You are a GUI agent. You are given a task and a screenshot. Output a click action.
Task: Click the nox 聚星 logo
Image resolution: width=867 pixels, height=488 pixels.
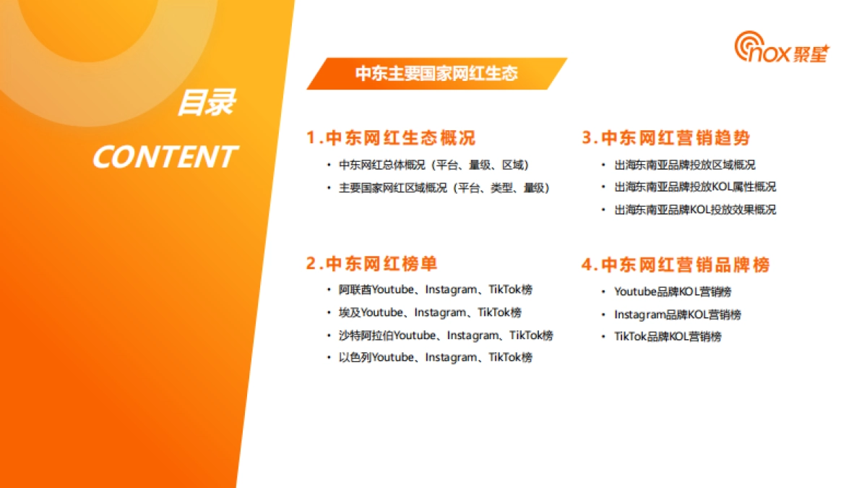coord(782,48)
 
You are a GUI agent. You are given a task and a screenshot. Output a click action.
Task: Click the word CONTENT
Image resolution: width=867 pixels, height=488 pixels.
coord(165,157)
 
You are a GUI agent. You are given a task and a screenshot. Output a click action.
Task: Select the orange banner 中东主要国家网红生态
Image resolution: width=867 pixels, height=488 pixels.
coord(436,74)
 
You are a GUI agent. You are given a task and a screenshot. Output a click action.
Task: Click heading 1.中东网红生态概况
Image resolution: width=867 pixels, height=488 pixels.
coord(391,138)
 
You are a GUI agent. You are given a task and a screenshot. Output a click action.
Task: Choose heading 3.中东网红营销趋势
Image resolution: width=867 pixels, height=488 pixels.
coord(665,138)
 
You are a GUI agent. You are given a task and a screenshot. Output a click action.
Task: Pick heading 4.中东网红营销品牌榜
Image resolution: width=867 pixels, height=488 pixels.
coord(676,265)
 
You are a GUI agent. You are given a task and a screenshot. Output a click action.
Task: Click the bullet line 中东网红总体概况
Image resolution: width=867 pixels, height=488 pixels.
coord(439,165)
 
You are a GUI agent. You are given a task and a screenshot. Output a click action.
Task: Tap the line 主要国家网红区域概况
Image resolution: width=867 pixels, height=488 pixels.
coord(444,188)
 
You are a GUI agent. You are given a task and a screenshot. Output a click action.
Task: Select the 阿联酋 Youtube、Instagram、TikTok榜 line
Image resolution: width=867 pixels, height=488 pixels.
coord(435,290)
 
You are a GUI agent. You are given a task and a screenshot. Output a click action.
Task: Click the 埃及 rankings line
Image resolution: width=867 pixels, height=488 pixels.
coord(429,313)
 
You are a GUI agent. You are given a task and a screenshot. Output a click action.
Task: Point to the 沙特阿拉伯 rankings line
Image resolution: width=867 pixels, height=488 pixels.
coord(446,335)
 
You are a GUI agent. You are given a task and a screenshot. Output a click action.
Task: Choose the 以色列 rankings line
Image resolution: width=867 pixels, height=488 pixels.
coord(435,358)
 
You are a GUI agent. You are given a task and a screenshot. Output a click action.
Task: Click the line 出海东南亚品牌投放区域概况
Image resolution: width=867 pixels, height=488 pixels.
coord(685,165)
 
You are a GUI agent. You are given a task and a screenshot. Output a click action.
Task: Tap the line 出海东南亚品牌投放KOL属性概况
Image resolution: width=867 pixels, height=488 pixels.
coord(695,187)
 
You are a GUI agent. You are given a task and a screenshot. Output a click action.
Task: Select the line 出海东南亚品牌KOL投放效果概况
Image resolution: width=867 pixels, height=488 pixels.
coord(695,210)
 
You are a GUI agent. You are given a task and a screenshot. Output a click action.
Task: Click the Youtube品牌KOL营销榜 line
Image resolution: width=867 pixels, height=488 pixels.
coord(673,292)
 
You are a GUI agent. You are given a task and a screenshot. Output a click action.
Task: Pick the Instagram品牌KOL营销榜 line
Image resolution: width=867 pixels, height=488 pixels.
coord(678,314)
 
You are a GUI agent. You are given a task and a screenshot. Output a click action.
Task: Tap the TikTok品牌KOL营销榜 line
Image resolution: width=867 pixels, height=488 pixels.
coord(668,336)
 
